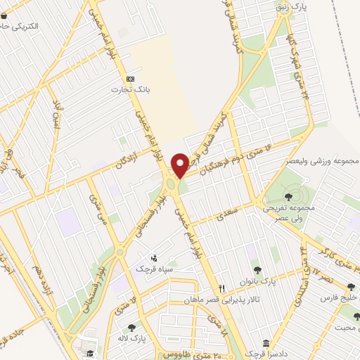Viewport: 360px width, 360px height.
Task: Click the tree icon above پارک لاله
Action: click(131, 328)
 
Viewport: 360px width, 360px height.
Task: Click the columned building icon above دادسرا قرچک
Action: click(266, 343)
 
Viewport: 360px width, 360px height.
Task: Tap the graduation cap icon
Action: click(89, 352)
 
